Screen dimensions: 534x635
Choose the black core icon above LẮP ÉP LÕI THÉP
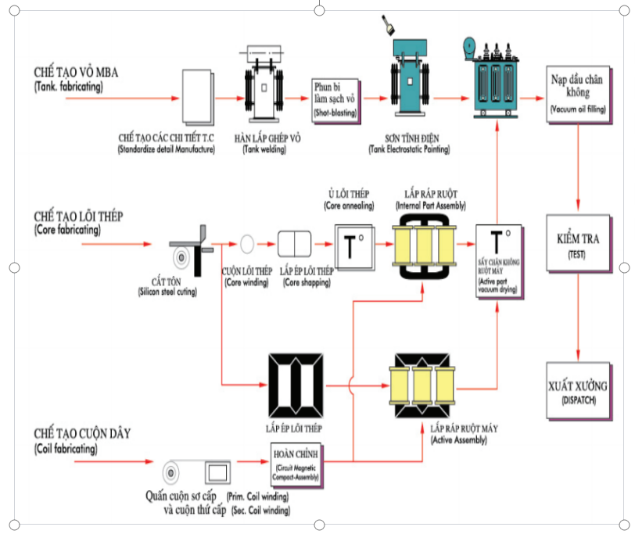[294, 386]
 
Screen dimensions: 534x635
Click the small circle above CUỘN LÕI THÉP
[247, 243]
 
